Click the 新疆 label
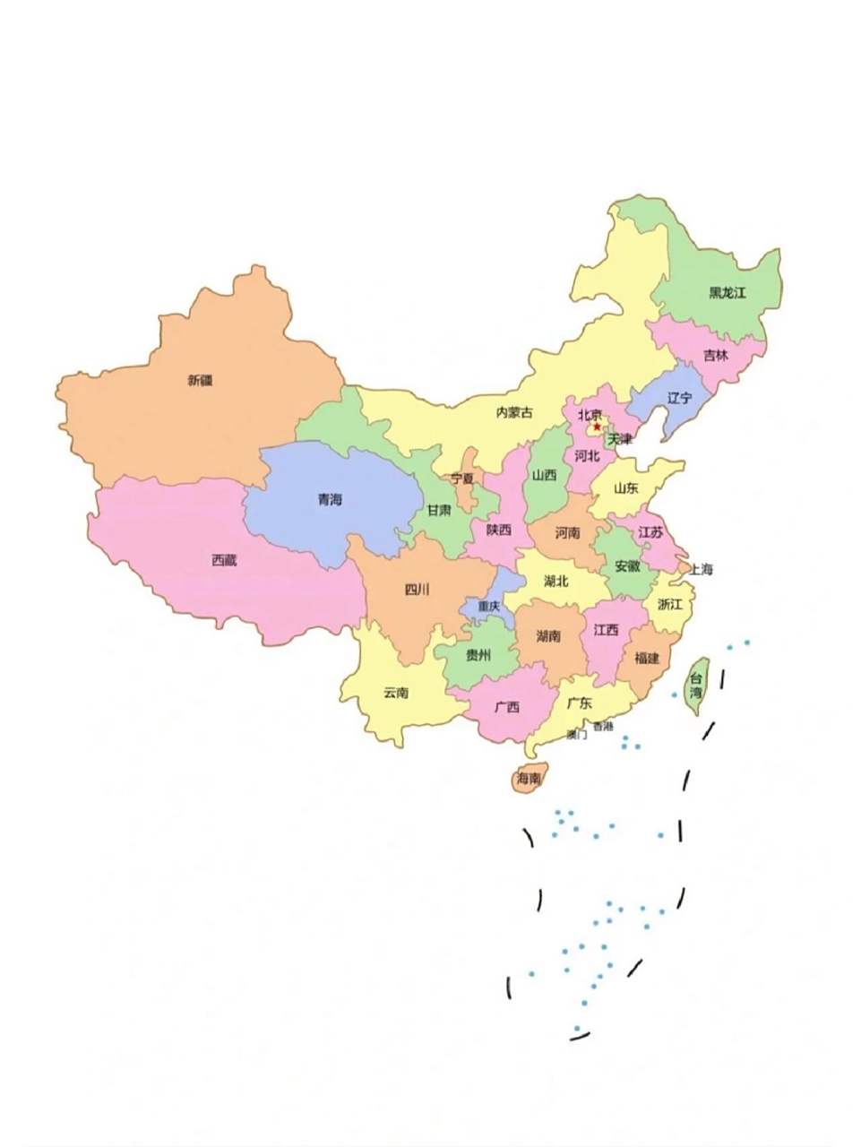click(x=200, y=380)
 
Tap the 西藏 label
click(x=225, y=560)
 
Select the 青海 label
click(x=330, y=499)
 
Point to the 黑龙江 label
click(x=727, y=293)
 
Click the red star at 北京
click(x=597, y=427)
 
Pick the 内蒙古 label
click(x=514, y=412)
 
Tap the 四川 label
click(x=417, y=589)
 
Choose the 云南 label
click(x=395, y=692)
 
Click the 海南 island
click(x=529, y=780)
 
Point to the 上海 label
click(x=701, y=569)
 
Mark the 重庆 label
click(x=489, y=607)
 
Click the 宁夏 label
click(x=462, y=479)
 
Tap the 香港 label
click(x=603, y=726)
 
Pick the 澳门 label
click(x=577, y=735)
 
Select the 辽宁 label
click(x=680, y=398)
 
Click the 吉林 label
click(x=715, y=355)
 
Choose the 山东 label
click(x=626, y=488)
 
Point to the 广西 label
click(x=507, y=706)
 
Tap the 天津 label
click(x=619, y=440)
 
